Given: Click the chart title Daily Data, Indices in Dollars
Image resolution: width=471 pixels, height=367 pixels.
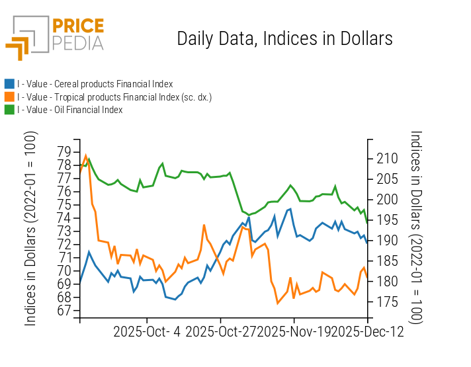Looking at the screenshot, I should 284,38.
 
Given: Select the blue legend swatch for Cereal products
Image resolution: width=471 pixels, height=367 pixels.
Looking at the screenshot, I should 9,84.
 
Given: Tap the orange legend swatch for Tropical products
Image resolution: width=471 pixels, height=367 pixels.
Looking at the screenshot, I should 9,97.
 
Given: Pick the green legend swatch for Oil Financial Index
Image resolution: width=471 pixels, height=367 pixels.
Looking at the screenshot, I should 9,110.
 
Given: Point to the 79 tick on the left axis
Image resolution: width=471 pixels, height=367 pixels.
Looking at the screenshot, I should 65,151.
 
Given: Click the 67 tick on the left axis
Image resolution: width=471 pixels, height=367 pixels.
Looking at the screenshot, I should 65,311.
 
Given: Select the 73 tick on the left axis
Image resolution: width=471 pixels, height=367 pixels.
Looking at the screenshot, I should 65,231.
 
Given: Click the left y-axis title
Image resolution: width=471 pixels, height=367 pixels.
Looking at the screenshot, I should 31,228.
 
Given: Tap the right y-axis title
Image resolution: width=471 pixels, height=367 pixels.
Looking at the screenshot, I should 416,228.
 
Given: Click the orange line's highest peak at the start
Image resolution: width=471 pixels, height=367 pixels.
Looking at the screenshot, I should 85,155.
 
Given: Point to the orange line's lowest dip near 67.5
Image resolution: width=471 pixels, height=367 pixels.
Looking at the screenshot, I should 278,303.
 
